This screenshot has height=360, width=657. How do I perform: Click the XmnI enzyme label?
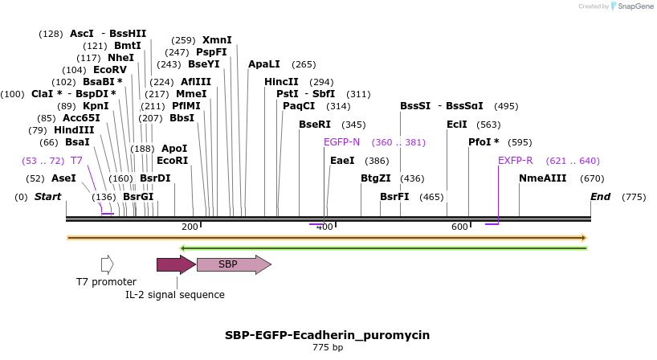click(217, 40)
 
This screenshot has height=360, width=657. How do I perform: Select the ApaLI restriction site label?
click(264, 64)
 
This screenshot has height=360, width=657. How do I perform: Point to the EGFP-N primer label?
click(341, 142)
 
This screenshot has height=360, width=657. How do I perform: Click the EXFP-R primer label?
click(516, 161)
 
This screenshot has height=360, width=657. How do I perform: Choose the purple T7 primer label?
click(76, 161)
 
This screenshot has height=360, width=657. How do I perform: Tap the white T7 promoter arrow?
click(107, 264)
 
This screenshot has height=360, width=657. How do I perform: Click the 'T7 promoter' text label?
click(106, 282)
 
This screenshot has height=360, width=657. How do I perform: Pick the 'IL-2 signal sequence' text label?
click(175, 295)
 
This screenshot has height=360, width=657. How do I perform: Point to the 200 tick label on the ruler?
click(190, 227)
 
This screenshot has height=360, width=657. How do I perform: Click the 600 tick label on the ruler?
click(459, 227)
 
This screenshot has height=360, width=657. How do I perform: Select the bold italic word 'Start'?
click(47, 197)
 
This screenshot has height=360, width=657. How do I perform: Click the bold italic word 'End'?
click(600, 197)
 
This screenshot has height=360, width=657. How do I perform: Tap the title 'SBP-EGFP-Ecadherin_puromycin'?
click(328, 335)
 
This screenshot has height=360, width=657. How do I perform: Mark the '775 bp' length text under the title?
click(328, 348)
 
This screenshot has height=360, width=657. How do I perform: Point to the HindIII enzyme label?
click(74, 130)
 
